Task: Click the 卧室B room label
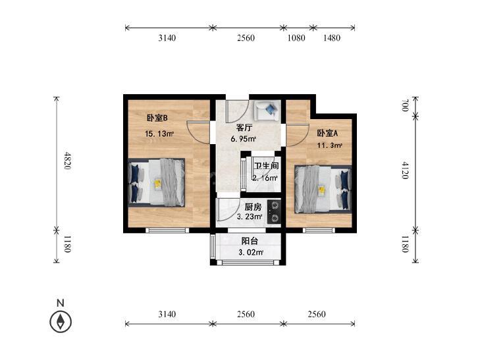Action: pyautogui.click(x=157, y=118)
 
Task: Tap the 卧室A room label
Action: pyautogui.click(x=327, y=134)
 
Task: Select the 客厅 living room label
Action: pyautogui.click(x=244, y=127)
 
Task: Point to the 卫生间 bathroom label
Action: pyautogui.click(x=266, y=166)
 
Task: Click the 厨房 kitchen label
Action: pyautogui.click(x=253, y=207)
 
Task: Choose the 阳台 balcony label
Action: pyautogui.click(x=250, y=241)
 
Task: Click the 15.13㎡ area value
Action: pyautogui.click(x=159, y=134)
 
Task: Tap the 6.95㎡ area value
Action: pyautogui.click(x=244, y=139)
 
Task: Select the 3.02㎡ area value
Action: pyautogui.click(x=251, y=253)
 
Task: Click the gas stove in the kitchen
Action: pyautogui.click(x=274, y=212)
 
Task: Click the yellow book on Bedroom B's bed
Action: pyautogui.click(x=157, y=184)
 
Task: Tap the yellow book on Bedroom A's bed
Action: pyautogui.click(x=321, y=191)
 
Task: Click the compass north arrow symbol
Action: pyautogui.click(x=61, y=322)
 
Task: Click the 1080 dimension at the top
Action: pyautogui.click(x=296, y=38)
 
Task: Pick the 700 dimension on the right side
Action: pyautogui.click(x=405, y=105)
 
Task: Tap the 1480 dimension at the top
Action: pyautogui.click(x=332, y=38)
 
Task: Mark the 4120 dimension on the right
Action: pyautogui.click(x=405, y=170)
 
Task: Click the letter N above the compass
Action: pyautogui.click(x=61, y=303)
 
